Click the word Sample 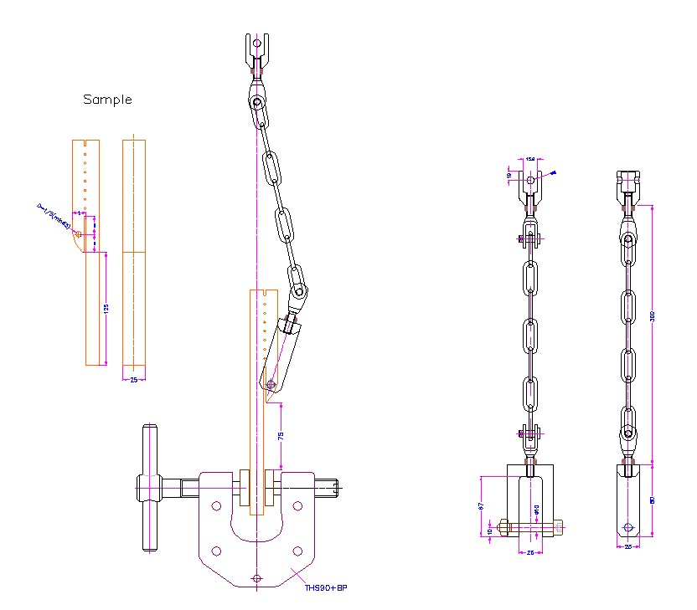tap(107, 100)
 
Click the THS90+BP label tap(326, 588)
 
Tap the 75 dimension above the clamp tap(281, 436)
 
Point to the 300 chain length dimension tap(652, 317)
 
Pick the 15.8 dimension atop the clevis tap(530, 159)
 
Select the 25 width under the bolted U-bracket tap(529, 552)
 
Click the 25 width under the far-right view tap(628, 546)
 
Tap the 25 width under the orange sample tap(134, 379)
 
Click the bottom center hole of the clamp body tap(256, 579)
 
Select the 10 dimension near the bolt tap(491, 531)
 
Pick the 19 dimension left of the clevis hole tap(509, 175)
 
